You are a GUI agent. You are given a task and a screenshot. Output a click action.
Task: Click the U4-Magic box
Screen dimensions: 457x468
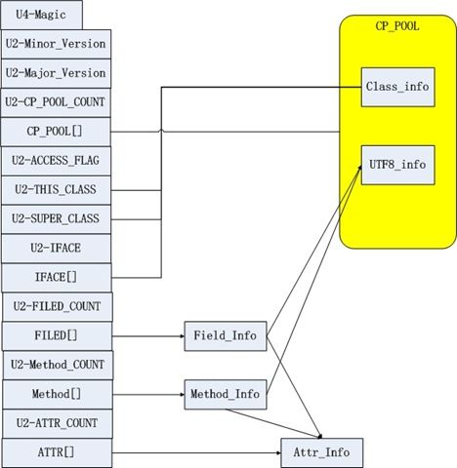(x=41, y=15)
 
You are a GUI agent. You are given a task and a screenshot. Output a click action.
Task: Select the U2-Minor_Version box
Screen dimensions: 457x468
(x=56, y=44)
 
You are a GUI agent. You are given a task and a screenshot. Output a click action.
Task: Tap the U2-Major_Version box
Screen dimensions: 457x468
(x=56, y=73)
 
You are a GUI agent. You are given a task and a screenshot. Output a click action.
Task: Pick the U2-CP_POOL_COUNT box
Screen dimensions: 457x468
(x=56, y=102)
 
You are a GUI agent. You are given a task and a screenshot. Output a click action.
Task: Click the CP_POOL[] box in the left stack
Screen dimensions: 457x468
(x=56, y=132)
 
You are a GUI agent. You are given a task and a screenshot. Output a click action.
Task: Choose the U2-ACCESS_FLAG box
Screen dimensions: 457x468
(x=56, y=161)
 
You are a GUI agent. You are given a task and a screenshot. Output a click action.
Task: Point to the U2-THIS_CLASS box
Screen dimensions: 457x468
(x=56, y=190)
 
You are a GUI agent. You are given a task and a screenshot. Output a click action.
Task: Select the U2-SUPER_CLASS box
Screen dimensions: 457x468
(x=56, y=219)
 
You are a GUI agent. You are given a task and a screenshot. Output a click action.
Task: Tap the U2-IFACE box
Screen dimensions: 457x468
(x=56, y=249)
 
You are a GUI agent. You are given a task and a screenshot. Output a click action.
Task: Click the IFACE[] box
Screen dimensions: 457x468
(x=57, y=278)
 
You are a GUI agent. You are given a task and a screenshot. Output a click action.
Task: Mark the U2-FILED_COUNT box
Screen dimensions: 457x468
(x=58, y=307)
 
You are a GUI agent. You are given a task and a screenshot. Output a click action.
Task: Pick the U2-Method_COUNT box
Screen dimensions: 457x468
(x=58, y=365)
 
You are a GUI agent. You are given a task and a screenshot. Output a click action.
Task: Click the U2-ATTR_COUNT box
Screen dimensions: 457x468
(x=58, y=423)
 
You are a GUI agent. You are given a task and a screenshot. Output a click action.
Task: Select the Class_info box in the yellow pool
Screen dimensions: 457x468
(x=397, y=87)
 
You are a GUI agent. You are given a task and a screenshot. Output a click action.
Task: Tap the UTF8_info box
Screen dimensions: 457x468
(x=397, y=165)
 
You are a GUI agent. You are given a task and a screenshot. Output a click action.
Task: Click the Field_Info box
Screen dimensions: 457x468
(x=226, y=336)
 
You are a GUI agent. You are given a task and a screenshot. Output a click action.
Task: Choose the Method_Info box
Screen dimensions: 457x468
(x=226, y=395)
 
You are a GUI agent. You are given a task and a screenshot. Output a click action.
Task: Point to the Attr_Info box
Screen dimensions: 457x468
(x=321, y=452)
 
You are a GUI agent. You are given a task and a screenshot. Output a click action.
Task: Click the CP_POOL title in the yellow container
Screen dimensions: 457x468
(x=397, y=26)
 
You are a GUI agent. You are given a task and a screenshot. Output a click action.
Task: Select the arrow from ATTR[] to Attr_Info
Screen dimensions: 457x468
(x=196, y=452)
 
